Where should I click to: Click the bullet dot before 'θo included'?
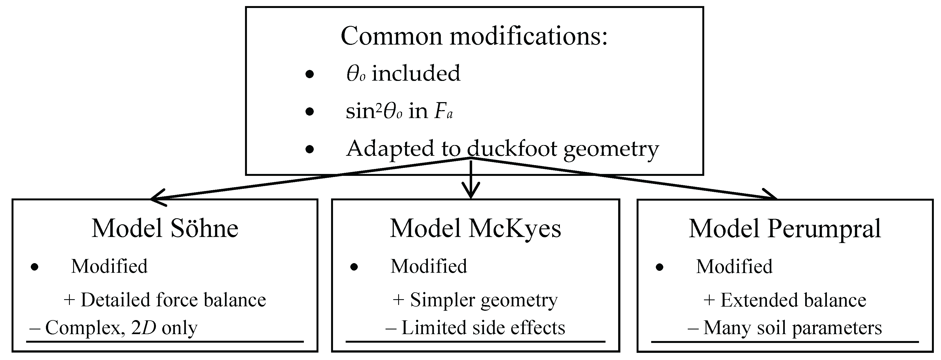(309, 75)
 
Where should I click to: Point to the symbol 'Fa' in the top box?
(443, 111)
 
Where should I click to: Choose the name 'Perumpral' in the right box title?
(824, 229)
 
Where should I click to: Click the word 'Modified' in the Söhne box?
(109, 266)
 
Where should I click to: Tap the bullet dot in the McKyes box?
(354, 267)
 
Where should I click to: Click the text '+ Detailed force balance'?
(165, 300)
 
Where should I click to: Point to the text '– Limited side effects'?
(475, 328)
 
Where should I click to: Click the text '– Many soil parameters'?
(784, 328)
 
